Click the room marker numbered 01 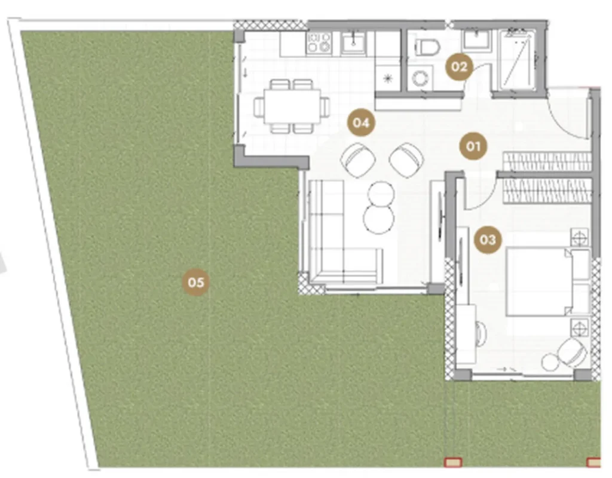point(473,147)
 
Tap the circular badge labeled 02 point(459,67)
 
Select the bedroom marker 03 point(488,240)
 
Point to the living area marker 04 point(361,122)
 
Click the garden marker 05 point(196,282)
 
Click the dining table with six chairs point(292,106)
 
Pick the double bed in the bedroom point(548,281)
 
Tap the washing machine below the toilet point(421,78)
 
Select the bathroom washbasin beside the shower point(475,40)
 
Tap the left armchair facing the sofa point(358,160)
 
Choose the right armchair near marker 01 point(406,160)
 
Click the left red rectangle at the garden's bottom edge point(453,462)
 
